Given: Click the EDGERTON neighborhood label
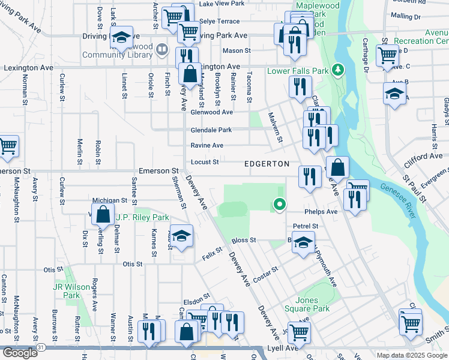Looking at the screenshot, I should (267, 164).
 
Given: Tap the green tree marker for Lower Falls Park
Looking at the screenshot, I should (338, 71).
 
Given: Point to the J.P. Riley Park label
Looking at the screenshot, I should (141, 217).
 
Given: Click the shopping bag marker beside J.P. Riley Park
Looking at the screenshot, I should (103, 214).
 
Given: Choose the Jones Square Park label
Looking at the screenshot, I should (313, 304).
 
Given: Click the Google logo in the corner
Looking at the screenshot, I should (19, 353).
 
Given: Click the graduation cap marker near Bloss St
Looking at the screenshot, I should (304, 243).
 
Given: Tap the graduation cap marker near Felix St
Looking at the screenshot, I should (181, 236).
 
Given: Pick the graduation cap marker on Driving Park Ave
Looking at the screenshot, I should (121, 38).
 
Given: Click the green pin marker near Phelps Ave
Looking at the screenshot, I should (279, 205).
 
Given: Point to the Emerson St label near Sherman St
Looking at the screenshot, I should (159, 171).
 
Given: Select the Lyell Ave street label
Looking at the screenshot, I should (282, 348).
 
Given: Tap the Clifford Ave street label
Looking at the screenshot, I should (423, 156).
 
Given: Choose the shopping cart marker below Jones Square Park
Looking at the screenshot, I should (300, 330).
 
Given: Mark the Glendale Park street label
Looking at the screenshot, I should (211, 130).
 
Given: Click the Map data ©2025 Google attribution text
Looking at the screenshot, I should (411, 355).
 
